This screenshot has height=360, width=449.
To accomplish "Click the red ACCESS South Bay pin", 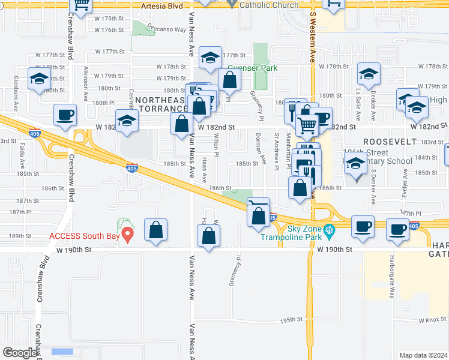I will point(127,232).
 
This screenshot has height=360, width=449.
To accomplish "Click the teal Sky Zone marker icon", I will point(328,229).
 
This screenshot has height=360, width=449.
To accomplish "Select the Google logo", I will point(20,353).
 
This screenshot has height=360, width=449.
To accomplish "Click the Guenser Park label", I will point(252,68).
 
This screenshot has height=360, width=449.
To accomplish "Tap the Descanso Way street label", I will point(167,29).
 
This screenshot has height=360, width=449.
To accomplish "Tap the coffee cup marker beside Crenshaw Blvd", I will point(65,115).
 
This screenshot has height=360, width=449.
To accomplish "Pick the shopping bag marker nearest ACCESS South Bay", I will point(155,229).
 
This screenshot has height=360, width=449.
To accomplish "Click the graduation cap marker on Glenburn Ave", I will point(40,79).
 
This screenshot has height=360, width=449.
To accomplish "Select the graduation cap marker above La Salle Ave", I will point(369,74).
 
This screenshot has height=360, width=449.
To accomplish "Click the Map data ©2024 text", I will point(423,355).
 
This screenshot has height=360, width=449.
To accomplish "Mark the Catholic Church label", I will point(268,5).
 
